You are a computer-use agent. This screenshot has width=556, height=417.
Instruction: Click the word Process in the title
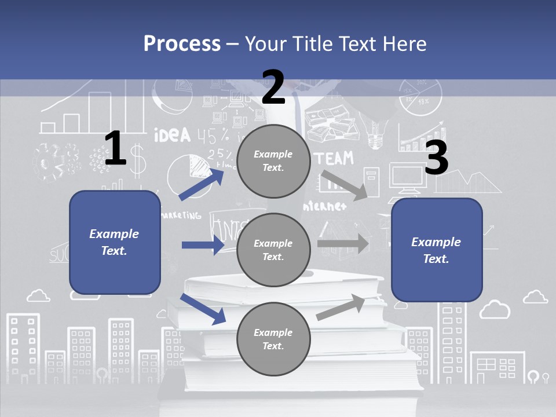182,43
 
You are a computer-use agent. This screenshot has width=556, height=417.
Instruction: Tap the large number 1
115,148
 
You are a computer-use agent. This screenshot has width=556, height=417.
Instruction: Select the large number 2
273,87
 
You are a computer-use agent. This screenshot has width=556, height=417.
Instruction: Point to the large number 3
436,158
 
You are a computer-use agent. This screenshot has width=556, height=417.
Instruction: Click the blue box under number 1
115,242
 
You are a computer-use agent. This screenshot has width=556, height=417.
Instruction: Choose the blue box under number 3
437,250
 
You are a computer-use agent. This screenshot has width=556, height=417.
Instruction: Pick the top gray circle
273,161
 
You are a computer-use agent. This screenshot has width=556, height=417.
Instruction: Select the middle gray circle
273,250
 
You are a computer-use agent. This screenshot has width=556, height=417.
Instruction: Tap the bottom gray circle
273,339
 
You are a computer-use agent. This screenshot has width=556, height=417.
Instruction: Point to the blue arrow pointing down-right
203,309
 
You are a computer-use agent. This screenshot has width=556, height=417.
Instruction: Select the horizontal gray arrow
343,243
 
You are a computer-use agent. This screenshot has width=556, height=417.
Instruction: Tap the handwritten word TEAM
335,158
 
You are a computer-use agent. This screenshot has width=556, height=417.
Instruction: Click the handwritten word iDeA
172,135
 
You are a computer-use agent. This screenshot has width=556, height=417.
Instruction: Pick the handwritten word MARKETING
181,215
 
